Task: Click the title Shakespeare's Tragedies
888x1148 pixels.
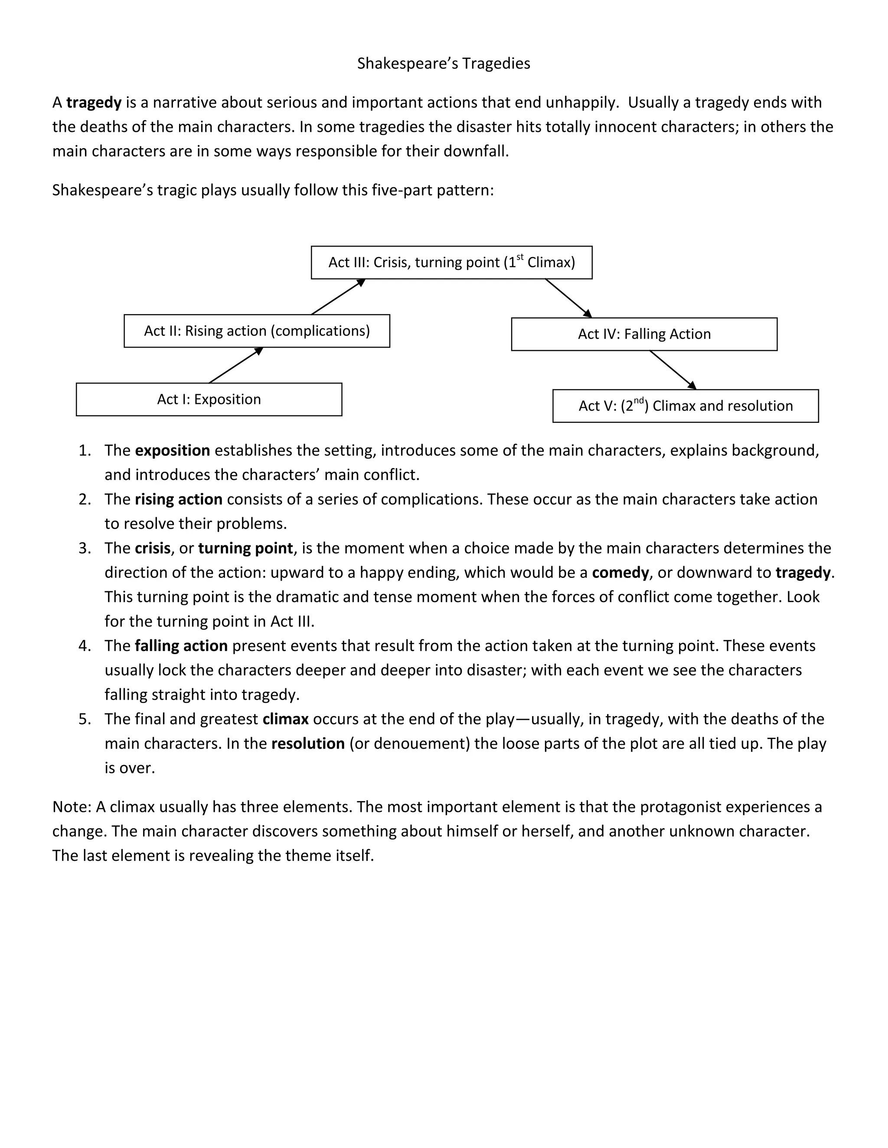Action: click(444, 64)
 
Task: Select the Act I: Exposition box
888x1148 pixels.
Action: click(209, 399)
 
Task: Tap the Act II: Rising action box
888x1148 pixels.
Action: click(257, 331)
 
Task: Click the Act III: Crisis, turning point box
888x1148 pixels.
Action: click(451, 262)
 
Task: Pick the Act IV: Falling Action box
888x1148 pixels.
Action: click(644, 334)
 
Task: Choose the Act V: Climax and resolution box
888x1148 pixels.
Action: click(686, 406)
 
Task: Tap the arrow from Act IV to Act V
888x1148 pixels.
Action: click(673, 370)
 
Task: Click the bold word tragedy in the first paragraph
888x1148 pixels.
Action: click(94, 103)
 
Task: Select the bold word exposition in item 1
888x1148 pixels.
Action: click(173, 451)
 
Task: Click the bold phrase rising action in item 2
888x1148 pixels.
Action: click(178, 499)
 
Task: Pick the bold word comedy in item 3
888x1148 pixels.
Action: click(620, 572)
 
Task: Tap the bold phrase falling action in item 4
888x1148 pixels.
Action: click(181, 645)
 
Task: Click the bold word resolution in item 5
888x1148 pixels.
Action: click(308, 743)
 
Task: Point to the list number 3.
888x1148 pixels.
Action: click(85, 548)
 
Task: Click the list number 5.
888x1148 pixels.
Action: click(85, 719)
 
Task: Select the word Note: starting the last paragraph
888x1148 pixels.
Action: click(72, 807)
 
